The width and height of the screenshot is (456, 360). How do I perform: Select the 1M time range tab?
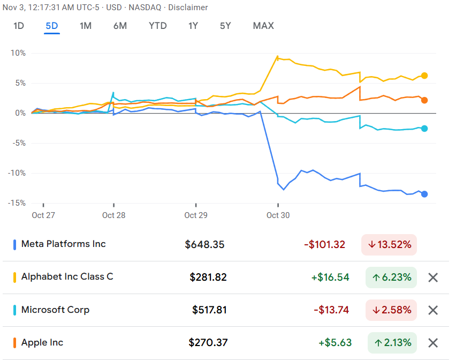pyautogui.click(x=86, y=26)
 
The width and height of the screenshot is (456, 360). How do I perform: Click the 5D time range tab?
pyautogui.click(x=52, y=26)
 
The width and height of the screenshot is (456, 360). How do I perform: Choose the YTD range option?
pyautogui.click(x=157, y=26)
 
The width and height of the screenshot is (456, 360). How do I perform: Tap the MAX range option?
pyautogui.click(x=263, y=26)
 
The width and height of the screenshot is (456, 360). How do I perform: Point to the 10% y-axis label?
pyautogui.click(x=18, y=53)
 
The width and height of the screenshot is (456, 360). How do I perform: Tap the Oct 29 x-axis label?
pyautogui.click(x=196, y=215)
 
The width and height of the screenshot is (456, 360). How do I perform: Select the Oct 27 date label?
pyautogui.click(x=43, y=215)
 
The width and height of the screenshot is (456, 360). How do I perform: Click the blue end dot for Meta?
pyautogui.click(x=424, y=194)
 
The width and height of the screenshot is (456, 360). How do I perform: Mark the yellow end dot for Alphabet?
pyautogui.click(x=424, y=76)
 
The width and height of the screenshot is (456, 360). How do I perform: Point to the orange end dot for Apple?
pyautogui.click(x=424, y=100)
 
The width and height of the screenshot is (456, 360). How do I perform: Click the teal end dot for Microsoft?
pyautogui.click(x=424, y=128)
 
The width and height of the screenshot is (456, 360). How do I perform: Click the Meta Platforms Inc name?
pyautogui.click(x=64, y=244)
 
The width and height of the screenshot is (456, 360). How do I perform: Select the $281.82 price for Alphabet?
pyautogui.click(x=208, y=277)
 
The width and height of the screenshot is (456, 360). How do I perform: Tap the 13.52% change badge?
pyautogui.click(x=389, y=245)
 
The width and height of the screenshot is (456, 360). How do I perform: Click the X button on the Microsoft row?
pyautogui.click(x=434, y=310)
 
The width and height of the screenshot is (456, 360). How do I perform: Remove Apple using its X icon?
pyautogui.click(x=434, y=343)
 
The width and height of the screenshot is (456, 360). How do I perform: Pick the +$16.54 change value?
pyautogui.click(x=330, y=277)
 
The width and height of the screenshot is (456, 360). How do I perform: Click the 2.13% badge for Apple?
pyautogui.click(x=392, y=343)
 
